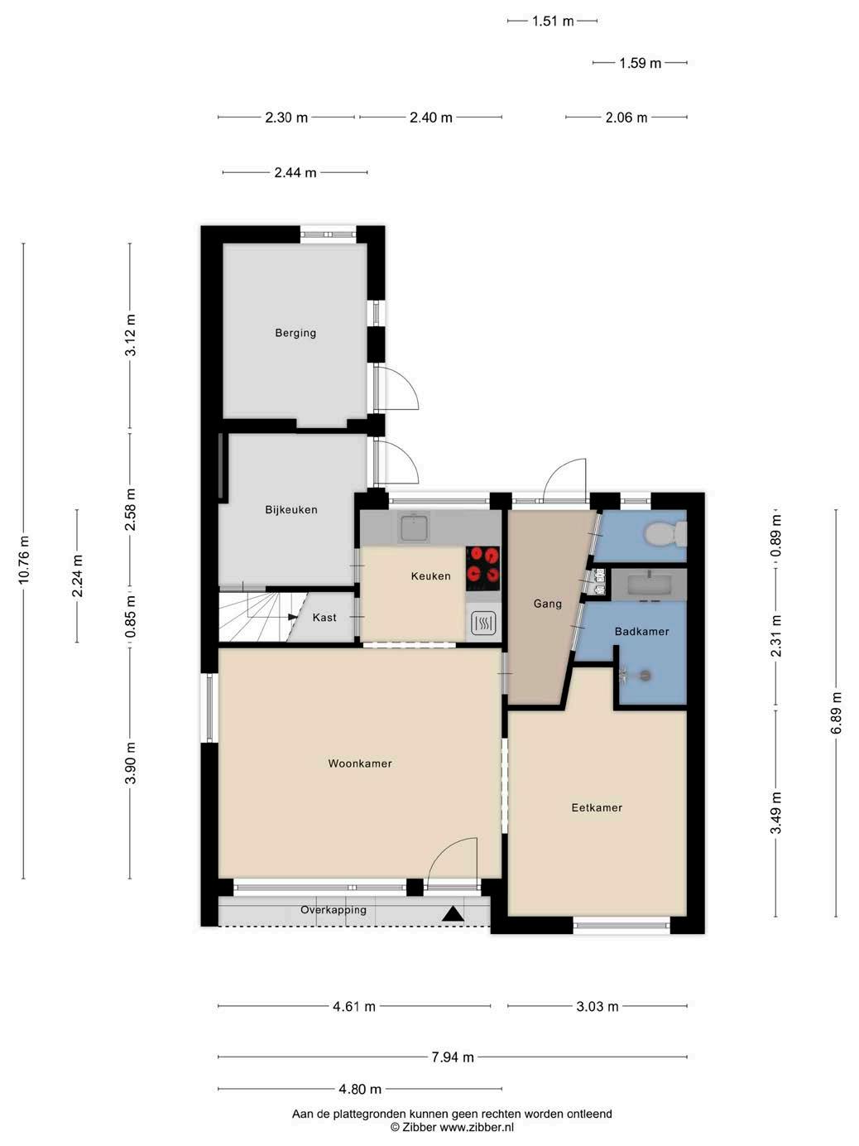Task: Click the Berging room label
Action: click(x=295, y=333)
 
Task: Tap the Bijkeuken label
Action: click(x=291, y=509)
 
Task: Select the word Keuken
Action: click(x=430, y=575)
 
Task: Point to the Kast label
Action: click(x=324, y=618)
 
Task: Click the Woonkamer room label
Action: click(x=360, y=763)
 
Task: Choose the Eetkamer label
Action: click(x=597, y=807)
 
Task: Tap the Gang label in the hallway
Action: click(x=548, y=604)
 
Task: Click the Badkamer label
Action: click(x=641, y=631)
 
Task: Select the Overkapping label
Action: click(x=334, y=909)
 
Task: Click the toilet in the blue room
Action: click(x=665, y=534)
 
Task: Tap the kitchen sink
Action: click(x=413, y=527)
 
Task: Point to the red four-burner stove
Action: click(x=482, y=565)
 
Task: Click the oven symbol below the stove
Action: click(x=482, y=623)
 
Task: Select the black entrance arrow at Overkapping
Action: click(x=453, y=913)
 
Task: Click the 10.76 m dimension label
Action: click(x=24, y=560)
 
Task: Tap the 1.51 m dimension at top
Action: click(x=553, y=22)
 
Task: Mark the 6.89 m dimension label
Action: click(x=836, y=713)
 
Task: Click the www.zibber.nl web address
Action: click(x=477, y=1127)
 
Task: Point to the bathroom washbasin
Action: click(x=649, y=584)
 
